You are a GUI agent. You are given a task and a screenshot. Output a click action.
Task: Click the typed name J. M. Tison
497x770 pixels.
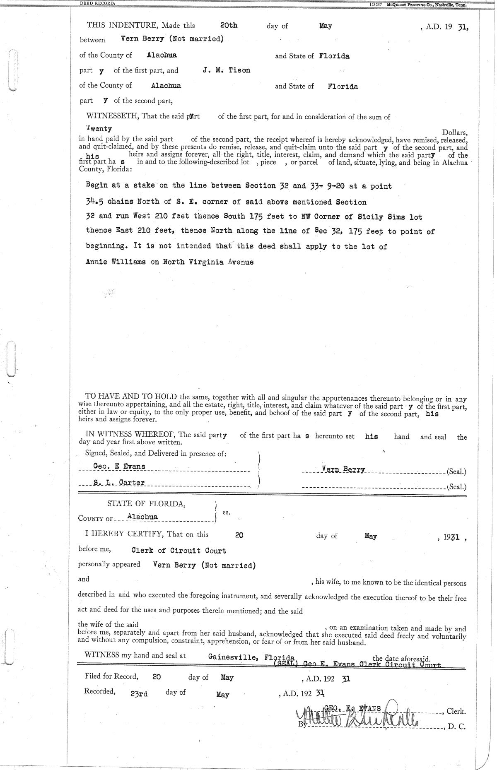tap(227, 70)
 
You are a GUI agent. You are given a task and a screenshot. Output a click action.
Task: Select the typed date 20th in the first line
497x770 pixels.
tap(229, 25)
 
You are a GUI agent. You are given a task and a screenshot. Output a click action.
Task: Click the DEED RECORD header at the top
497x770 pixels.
tap(97, 3)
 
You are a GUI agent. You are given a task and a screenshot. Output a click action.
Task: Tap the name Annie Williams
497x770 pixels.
tap(116, 262)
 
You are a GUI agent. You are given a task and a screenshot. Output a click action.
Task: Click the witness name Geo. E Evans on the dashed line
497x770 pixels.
tap(119, 466)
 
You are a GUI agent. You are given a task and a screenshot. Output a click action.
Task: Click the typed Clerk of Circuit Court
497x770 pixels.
tap(179, 551)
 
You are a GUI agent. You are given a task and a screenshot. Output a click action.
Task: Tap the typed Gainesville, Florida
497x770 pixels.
tap(251, 657)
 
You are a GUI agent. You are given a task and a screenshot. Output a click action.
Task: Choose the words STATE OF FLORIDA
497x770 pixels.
tap(146, 504)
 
